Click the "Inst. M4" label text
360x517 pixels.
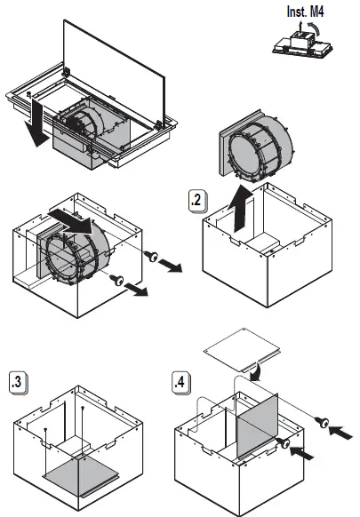pos(305,12)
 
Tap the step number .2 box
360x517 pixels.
pos(197,201)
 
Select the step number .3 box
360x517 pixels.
pos(18,383)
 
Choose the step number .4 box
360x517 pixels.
pos(180,383)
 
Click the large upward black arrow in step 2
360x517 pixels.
pos(240,209)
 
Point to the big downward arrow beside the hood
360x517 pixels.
pos(36,123)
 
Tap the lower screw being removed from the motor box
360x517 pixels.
pos(116,280)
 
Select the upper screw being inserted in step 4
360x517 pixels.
pos(322,422)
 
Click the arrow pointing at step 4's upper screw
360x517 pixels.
pos(340,432)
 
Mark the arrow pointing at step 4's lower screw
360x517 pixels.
pos(301,453)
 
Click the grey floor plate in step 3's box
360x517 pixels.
pos(81,475)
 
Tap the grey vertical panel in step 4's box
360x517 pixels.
pos(258,426)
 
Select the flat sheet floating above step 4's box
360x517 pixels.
pos(242,350)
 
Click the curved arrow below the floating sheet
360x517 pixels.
pos(257,371)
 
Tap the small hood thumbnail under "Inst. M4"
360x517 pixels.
pos(302,44)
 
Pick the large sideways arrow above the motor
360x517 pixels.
pos(72,220)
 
